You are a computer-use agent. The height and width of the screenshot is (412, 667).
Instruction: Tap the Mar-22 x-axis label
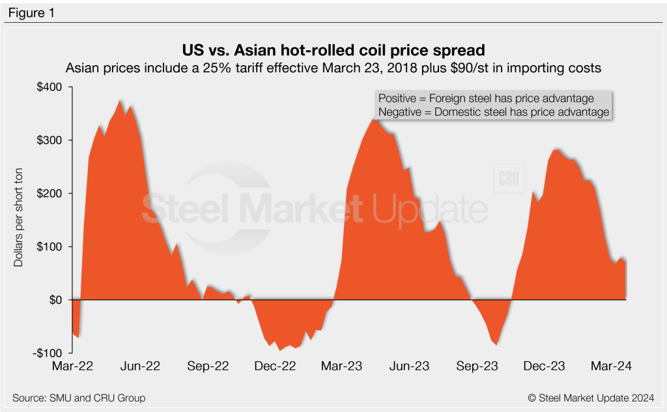72,366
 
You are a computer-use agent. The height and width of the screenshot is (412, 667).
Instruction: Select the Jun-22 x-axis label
141,366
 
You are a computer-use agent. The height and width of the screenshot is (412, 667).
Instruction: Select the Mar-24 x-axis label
610,366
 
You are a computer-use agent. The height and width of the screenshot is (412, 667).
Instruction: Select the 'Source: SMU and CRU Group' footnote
79,398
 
